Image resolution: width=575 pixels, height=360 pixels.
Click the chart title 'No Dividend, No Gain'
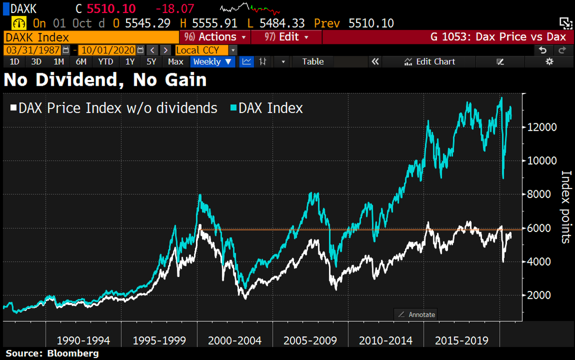click(x=105, y=80)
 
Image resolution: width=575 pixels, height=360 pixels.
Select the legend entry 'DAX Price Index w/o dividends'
click(x=113, y=108)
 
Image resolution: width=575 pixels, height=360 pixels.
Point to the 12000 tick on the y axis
click(x=543, y=127)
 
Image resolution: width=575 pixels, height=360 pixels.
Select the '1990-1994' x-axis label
click(x=83, y=341)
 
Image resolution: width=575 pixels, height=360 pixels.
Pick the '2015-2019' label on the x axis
click(x=461, y=341)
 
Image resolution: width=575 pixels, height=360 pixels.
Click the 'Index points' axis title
click(x=566, y=207)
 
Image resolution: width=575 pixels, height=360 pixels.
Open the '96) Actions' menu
click(x=215, y=37)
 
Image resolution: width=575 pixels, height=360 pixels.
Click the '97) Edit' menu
click(x=287, y=37)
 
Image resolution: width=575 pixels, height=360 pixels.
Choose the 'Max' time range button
click(x=175, y=61)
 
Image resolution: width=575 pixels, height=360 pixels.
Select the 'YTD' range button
click(x=105, y=61)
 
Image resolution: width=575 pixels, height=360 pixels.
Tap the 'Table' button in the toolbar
click(x=313, y=61)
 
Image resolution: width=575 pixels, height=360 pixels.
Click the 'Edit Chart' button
click(x=430, y=61)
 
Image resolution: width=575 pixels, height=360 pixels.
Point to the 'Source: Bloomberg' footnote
click(x=52, y=354)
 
